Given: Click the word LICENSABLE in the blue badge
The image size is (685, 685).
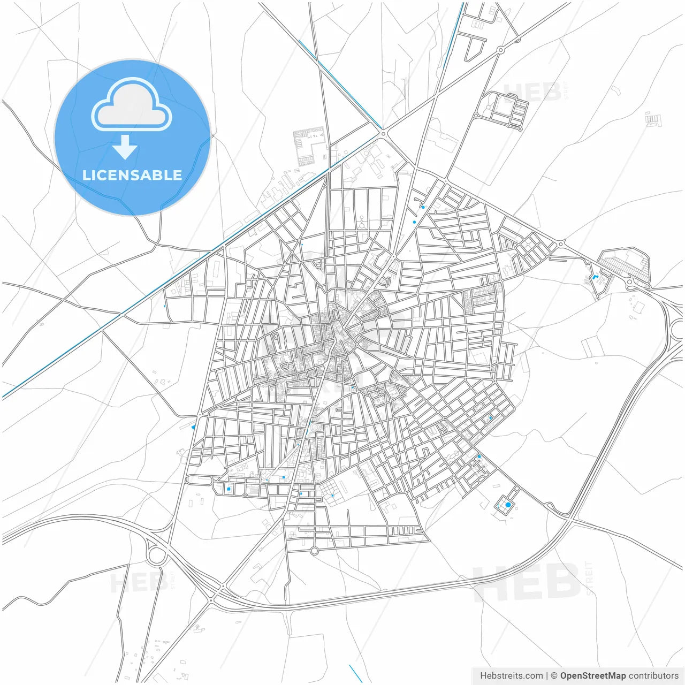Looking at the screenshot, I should (x=132, y=176).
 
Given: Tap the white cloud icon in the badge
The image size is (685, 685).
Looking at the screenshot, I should (x=132, y=105).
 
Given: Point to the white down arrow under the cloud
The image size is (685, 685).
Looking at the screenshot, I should (x=125, y=147).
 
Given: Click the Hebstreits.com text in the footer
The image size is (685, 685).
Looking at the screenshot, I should (x=511, y=676).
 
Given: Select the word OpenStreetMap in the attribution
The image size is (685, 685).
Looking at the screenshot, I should (x=592, y=676).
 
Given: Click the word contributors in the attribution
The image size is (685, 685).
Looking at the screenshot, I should (x=653, y=676).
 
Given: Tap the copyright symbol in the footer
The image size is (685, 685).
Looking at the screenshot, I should (x=554, y=676).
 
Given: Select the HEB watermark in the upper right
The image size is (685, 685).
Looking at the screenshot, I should (x=532, y=92).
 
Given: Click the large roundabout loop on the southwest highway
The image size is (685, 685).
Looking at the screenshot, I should (x=156, y=555).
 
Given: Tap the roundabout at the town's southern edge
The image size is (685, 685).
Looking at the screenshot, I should (x=314, y=551).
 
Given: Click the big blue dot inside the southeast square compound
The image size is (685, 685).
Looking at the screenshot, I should (x=508, y=505).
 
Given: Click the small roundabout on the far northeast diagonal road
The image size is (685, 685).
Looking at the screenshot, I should (x=500, y=50).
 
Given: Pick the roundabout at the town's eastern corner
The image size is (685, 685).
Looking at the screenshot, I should (x=560, y=244).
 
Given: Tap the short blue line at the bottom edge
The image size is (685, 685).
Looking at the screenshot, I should (x=355, y=673).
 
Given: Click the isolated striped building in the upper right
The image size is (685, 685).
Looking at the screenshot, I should (x=653, y=119).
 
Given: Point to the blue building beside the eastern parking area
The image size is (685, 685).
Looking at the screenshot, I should (x=595, y=277).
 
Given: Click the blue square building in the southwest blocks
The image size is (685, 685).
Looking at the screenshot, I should (x=229, y=489).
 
